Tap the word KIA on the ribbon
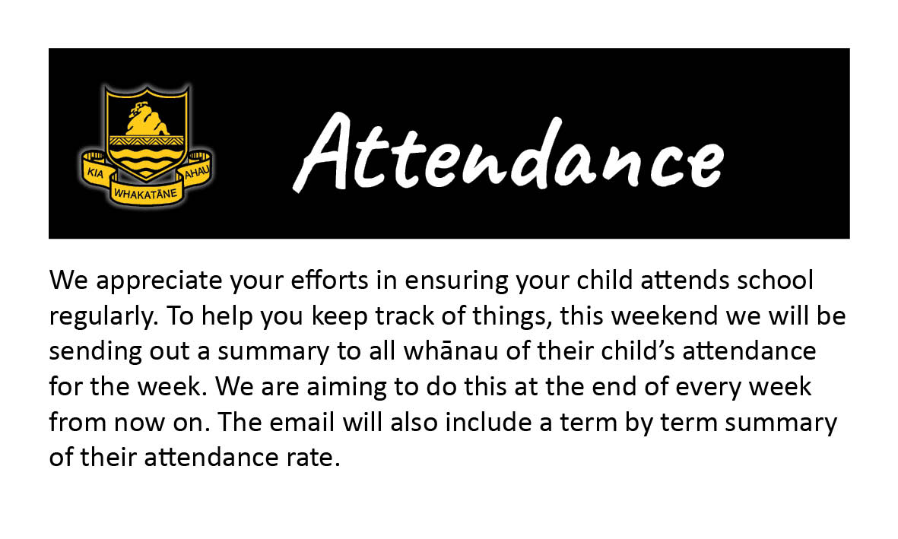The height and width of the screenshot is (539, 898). (x=95, y=172)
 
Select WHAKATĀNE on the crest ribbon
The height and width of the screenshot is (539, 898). (x=145, y=194)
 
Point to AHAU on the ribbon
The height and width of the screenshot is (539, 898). (x=197, y=171)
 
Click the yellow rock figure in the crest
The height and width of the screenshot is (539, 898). (x=148, y=119)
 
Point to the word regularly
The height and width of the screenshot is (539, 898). (x=103, y=317)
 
